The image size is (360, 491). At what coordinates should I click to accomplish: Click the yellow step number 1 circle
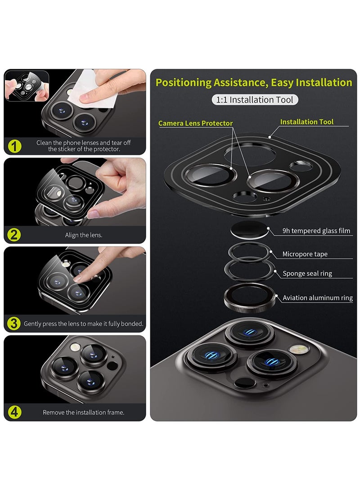(14, 146)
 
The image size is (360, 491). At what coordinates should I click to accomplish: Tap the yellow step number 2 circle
(14, 235)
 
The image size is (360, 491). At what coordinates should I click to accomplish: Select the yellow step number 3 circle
(14, 324)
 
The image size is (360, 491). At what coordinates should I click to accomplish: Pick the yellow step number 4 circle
(14, 412)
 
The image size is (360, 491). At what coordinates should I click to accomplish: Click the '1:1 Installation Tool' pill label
(255, 99)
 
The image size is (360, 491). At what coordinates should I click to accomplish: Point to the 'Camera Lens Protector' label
(195, 123)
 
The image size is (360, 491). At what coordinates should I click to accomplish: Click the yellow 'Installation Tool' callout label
(307, 122)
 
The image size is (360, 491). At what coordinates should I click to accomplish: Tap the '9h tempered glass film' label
(316, 231)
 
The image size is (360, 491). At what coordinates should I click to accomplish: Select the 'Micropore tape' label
(305, 254)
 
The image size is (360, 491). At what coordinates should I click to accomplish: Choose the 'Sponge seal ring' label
(307, 273)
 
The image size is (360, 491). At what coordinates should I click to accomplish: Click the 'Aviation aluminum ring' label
(317, 297)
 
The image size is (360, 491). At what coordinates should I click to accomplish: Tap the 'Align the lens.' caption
(84, 235)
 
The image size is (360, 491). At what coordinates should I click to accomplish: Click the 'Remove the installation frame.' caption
(84, 412)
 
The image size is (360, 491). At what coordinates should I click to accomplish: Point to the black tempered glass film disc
(249, 230)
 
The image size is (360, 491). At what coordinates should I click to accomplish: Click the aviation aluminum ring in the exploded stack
(250, 297)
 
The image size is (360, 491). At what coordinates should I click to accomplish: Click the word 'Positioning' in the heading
(184, 83)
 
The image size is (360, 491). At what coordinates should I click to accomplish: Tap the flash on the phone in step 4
(75, 347)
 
